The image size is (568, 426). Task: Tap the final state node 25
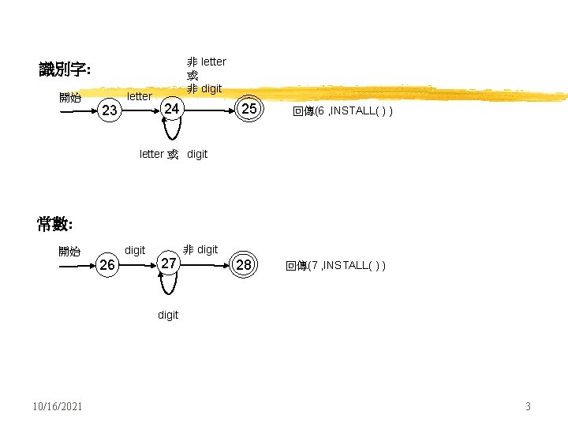click(x=248, y=109)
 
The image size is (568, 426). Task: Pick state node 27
click(x=167, y=263)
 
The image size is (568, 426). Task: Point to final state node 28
click(x=244, y=265)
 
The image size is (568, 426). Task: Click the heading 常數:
click(x=54, y=224)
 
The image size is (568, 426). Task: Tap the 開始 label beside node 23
click(x=70, y=98)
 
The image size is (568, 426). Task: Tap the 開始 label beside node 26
click(x=69, y=252)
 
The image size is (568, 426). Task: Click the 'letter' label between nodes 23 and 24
click(x=140, y=96)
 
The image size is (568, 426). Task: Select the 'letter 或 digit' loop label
click(x=174, y=154)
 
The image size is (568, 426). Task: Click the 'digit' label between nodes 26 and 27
click(x=135, y=250)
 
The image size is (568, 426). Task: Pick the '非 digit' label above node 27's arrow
click(x=200, y=249)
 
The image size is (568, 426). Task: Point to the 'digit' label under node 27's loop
click(x=168, y=315)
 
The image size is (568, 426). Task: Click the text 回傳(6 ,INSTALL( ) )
click(x=342, y=111)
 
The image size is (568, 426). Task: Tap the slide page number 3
click(x=528, y=406)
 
